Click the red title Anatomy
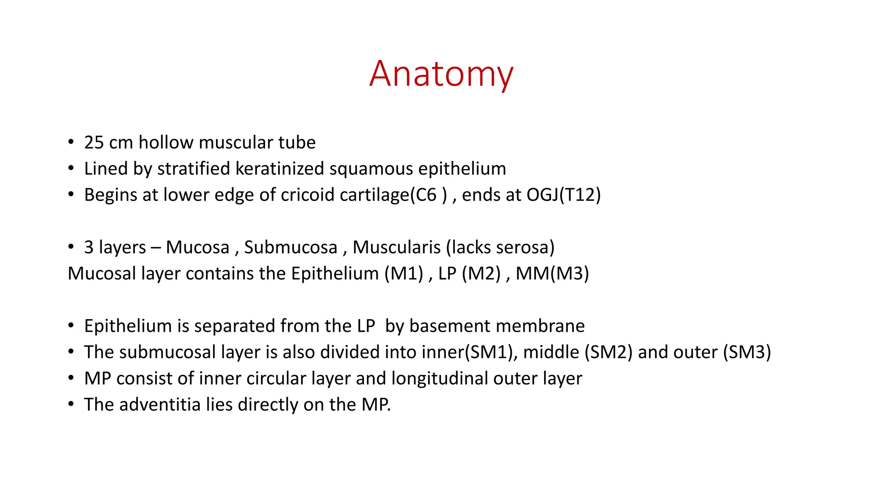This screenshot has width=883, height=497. point(441,74)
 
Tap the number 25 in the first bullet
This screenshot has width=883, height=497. point(94,143)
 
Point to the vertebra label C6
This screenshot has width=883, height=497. point(426,195)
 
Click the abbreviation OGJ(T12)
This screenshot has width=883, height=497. point(564,195)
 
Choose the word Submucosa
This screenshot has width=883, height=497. point(291,248)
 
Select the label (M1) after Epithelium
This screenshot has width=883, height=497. point(404,274)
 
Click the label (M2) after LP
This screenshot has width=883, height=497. point(481,274)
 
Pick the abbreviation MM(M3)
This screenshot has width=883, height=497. point(552,274)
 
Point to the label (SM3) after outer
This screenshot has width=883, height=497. point(747,352)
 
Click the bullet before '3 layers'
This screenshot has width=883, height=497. point(71,247)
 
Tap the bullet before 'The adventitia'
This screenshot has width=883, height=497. point(71,405)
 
